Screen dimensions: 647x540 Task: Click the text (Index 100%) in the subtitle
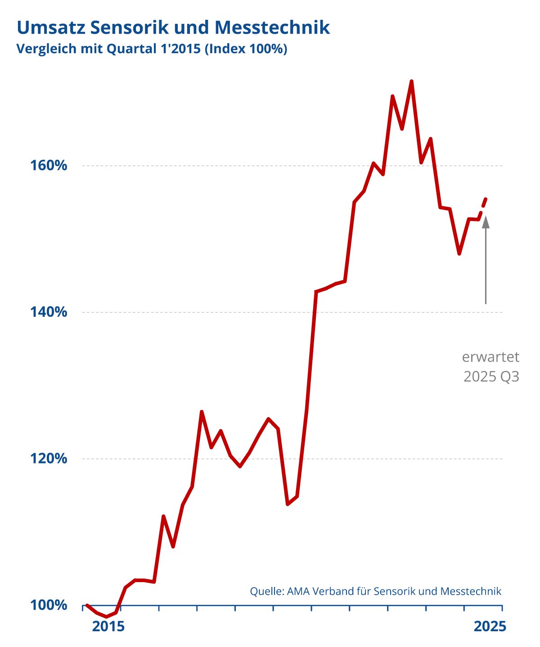tap(246, 49)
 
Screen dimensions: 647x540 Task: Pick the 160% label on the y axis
tap(49, 166)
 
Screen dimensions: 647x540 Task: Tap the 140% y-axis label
tap(49, 312)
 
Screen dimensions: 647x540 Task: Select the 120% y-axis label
tap(49, 458)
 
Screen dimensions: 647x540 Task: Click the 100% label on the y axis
tap(49, 605)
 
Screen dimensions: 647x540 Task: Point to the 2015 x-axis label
tap(108, 626)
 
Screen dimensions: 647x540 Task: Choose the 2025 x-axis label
tap(490, 626)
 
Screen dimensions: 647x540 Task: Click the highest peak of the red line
tap(411, 81)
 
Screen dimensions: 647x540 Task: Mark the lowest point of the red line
tap(107, 616)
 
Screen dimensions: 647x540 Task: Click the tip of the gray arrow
tap(486, 217)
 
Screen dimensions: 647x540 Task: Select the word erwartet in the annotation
tap(490, 357)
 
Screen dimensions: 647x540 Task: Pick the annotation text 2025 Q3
tap(491, 377)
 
